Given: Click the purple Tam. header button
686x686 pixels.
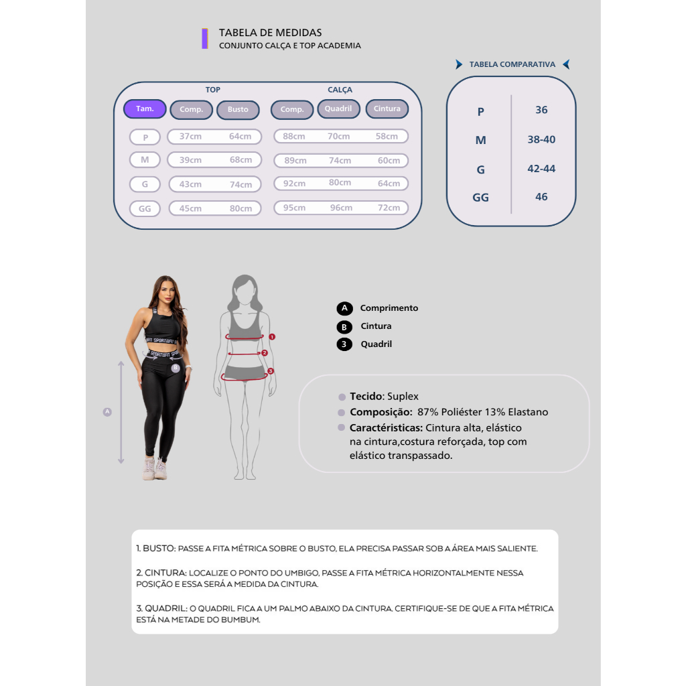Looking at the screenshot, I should click(145, 109).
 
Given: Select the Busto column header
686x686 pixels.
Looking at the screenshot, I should click(238, 109).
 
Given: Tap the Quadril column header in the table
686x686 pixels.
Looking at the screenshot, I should click(338, 109).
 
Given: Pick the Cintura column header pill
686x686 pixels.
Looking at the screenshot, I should click(387, 109).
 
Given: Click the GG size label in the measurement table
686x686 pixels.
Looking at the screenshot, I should click(145, 208).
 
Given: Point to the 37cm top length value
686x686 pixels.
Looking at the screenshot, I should click(190, 136).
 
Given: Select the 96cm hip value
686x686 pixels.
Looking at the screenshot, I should click(341, 208).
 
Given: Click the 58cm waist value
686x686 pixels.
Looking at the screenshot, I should click(387, 136).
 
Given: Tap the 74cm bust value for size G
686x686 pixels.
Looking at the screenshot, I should click(241, 184).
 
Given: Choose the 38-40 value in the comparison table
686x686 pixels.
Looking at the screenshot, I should click(541, 139).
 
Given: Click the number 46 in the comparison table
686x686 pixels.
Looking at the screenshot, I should click(541, 196).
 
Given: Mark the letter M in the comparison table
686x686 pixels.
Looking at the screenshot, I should click(480, 140).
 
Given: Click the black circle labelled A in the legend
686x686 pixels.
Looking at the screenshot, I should click(344, 308).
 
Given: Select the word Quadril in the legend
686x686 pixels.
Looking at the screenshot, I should click(376, 344).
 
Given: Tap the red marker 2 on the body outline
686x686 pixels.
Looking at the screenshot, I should click(264, 352).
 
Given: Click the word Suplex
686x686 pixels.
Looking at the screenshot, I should click(403, 397).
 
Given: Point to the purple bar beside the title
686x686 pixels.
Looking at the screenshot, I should click(204, 38).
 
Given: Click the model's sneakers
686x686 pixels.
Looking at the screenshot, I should click(155, 469).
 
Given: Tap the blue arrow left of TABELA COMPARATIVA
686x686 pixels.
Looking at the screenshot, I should click(459, 64).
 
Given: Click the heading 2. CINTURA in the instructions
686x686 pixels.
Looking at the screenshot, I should click(161, 573).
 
